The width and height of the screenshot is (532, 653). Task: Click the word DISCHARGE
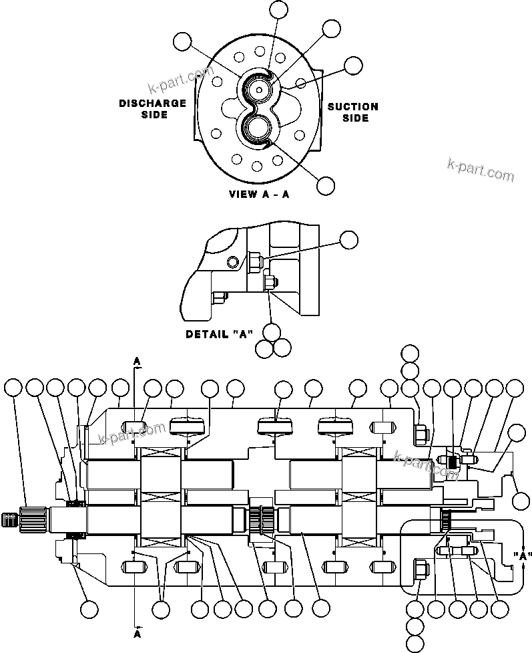(x=152, y=103)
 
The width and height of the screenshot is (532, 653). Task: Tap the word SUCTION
(x=352, y=106)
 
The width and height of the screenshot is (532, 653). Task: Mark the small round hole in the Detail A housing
(x=232, y=260)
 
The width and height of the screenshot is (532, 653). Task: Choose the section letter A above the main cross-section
(x=137, y=361)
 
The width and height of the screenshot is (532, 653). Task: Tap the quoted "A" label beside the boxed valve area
(x=523, y=555)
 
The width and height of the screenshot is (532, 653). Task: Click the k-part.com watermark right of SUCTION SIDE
(x=481, y=170)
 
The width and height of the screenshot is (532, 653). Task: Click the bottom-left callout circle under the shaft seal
(x=89, y=609)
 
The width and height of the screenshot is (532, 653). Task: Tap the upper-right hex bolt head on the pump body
(x=421, y=434)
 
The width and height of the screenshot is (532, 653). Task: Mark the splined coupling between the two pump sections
(x=260, y=519)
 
